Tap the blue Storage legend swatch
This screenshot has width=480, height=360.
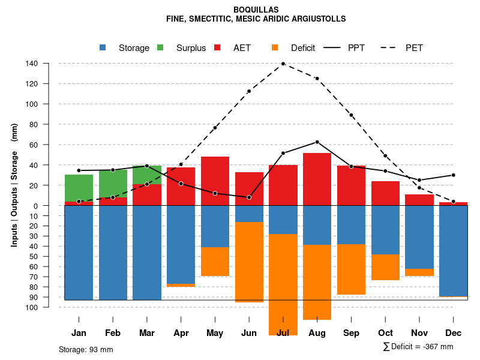point(103,47)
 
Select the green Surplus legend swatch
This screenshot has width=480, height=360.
point(160,47)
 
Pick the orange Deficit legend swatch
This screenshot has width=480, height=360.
point(275,47)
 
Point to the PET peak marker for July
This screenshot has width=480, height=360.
point(283,64)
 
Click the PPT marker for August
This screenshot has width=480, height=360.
point(317,142)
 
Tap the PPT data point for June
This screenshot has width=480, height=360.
point(249,197)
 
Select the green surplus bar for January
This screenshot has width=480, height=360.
point(79,188)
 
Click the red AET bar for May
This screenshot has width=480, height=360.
point(215,181)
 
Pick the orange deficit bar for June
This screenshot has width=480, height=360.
point(249,262)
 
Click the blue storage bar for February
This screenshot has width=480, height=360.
point(113,253)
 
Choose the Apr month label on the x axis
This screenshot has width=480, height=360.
point(181,333)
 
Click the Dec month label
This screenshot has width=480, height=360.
point(453,333)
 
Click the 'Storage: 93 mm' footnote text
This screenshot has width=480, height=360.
point(86,349)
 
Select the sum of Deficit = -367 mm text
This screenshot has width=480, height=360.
point(418,347)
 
